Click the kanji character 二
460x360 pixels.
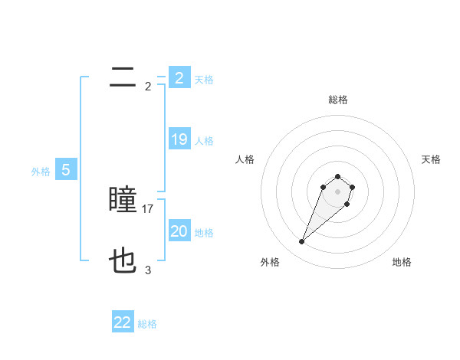click(123, 77)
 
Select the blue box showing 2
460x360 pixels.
click(179, 78)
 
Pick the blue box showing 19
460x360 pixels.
click(179, 139)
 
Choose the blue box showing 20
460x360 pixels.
click(179, 231)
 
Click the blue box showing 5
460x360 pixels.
click(65, 170)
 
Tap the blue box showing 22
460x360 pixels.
click(123, 322)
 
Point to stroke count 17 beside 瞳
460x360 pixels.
click(148, 208)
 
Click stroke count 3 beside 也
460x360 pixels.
click(148, 270)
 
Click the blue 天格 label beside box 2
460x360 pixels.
click(204, 79)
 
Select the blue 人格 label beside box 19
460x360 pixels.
click(204, 140)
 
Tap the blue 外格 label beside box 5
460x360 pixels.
click(41, 172)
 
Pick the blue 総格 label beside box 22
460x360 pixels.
click(147, 324)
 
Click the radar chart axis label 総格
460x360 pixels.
click(337, 100)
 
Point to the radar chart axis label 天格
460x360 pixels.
click(431, 159)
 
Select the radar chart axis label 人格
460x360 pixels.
click(245, 159)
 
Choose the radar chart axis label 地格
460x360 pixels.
click(402, 262)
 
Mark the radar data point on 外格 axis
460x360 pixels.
click(302, 242)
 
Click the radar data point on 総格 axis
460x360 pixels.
click(337, 177)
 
